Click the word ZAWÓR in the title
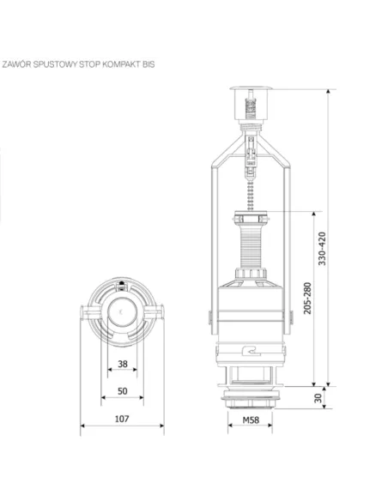tap(17, 63)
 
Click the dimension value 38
tap(122, 364)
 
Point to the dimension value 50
tap(122, 391)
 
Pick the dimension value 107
tap(122, 419)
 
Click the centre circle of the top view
tap(122, 311)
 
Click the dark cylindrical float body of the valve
tap(250, 309)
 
